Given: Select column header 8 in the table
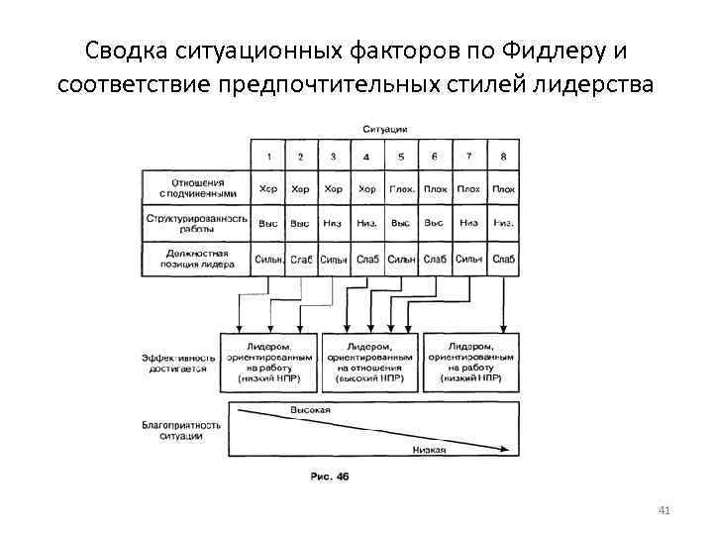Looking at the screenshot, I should click(503, 156).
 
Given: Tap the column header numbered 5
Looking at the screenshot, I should click(401, 156).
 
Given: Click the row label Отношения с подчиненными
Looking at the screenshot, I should click(197, 188).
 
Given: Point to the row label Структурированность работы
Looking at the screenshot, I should click(197, 222).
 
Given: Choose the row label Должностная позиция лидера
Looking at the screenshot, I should click(197, 260).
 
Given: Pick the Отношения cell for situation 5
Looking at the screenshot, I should click(401, 189).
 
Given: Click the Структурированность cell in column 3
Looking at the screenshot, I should click(334, 223).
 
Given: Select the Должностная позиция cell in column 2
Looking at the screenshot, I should click(301, 260).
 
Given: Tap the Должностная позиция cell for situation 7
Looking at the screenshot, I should click(469, 260).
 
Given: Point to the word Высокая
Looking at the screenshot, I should click(310, 409).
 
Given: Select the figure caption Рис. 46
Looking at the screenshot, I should click(330, 477).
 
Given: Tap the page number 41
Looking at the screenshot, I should click(664, 511).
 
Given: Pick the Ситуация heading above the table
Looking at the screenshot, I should click(386, 130).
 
